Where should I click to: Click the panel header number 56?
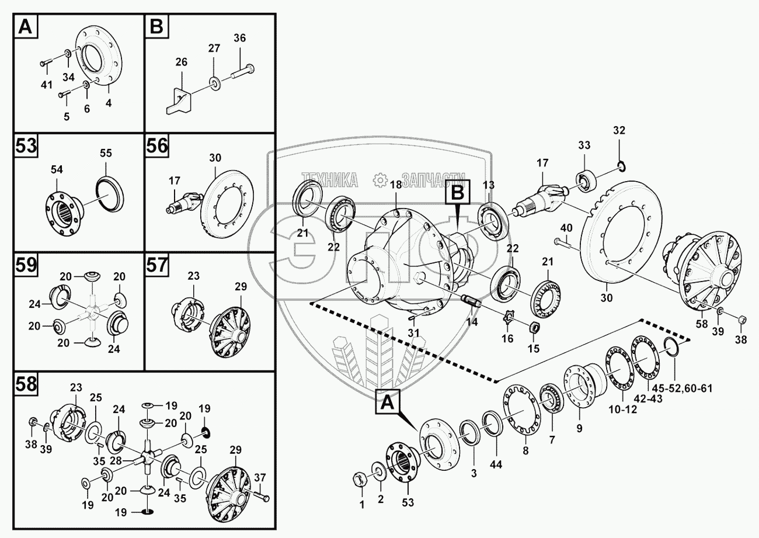[x=157, y=145]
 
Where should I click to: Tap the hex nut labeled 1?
[x=360, y=480]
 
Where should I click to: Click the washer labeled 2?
[x=379, y=471]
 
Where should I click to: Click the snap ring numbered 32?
[x=622, y=167]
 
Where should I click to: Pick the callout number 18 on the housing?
[x=396, y=185]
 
